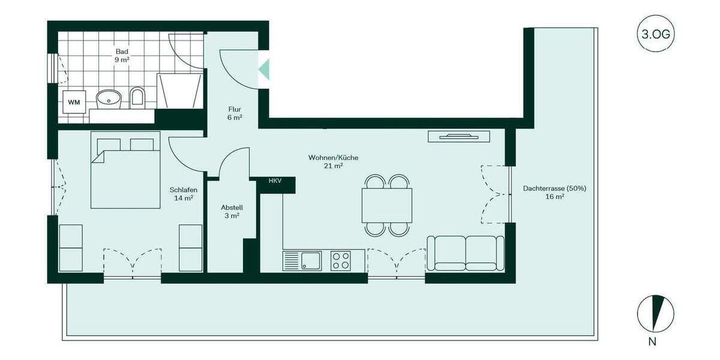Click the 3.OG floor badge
click(x=655, y=34)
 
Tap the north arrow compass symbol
click(x=655, y=313)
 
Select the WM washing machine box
click(x=74, y=102)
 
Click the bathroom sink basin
click(x=109, y=98)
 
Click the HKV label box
click(x=275, y=181)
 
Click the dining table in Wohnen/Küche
click(x=387, y=205)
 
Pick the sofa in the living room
click(x=466, y=253)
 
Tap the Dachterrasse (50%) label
click(x=554, y=192)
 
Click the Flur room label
click(x=235, y=113)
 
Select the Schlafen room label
click(x=183, y=193)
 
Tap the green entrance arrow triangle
click(x=263, y=70)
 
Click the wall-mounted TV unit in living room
click(x=460, y=136)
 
